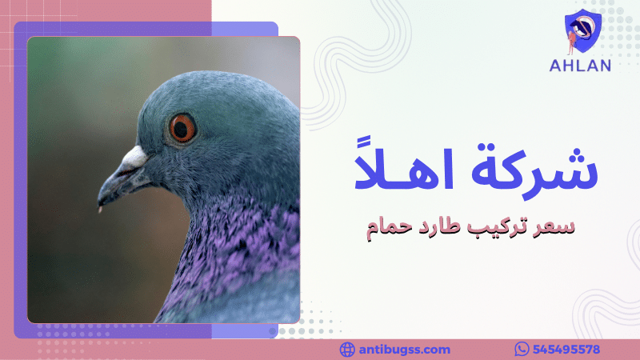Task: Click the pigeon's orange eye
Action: coord(182,128)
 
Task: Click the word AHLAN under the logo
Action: coord(580,66)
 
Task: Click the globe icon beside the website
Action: coord(347,350)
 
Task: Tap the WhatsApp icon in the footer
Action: coord(522,350)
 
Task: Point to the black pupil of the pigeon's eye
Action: coord(182,128)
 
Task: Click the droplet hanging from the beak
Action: coord(99,210)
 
